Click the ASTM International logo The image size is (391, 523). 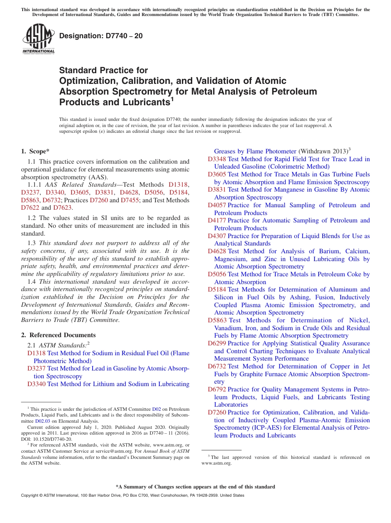pyautogui.click(x=38, y=39)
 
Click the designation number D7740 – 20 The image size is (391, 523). pyautogui.click(x=101, y=36)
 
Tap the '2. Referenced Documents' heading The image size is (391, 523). pyautogui.click(x=58, y=335)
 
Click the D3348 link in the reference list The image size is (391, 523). pyautogui.click(x=216, y=159)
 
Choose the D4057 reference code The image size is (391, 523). pyautogui.click(x=216, y=205)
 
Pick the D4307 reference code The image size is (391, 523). pyautogui.click(x=216, y=236)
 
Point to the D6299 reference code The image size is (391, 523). pyautogui.click(x=216, y=343)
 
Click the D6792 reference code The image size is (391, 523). pyautogui.click(x=216, y=389)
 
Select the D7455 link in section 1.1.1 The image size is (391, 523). pyautogui.click(x=130, y=200)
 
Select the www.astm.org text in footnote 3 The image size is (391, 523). pyautogui.click(x=216, y=463)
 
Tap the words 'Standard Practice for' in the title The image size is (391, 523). pyautogui.click(x=103, y=70)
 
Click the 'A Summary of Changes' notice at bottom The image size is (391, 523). pyautogui.click(x=195, y=487)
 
